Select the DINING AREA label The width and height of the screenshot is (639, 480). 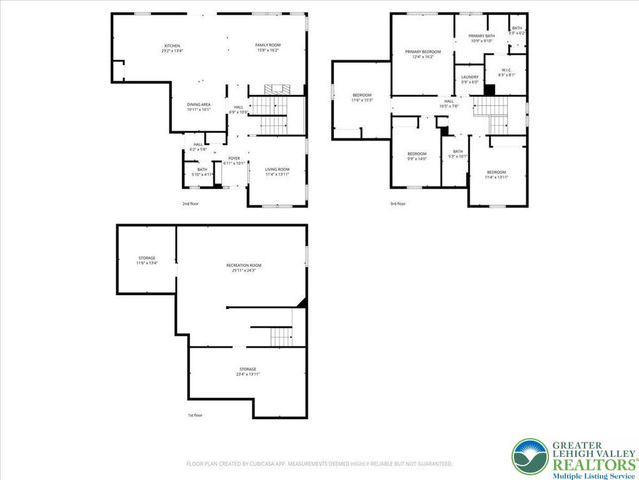click(x=199, y=107)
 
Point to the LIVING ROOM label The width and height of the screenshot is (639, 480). click(x=277, y=172)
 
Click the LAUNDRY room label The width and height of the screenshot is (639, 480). click(x=470, y=78)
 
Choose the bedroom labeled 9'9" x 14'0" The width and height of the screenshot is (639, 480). click(x=416, y=156)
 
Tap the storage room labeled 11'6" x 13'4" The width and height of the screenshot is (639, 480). click(x=147, y=262)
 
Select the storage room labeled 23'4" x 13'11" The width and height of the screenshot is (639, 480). click(x=248, y=372)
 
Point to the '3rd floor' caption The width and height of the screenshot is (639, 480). click(x=397, y=204)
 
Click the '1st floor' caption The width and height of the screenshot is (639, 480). click(x=194, y=415)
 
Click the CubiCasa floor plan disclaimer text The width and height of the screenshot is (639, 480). click(x=319, y=464)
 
